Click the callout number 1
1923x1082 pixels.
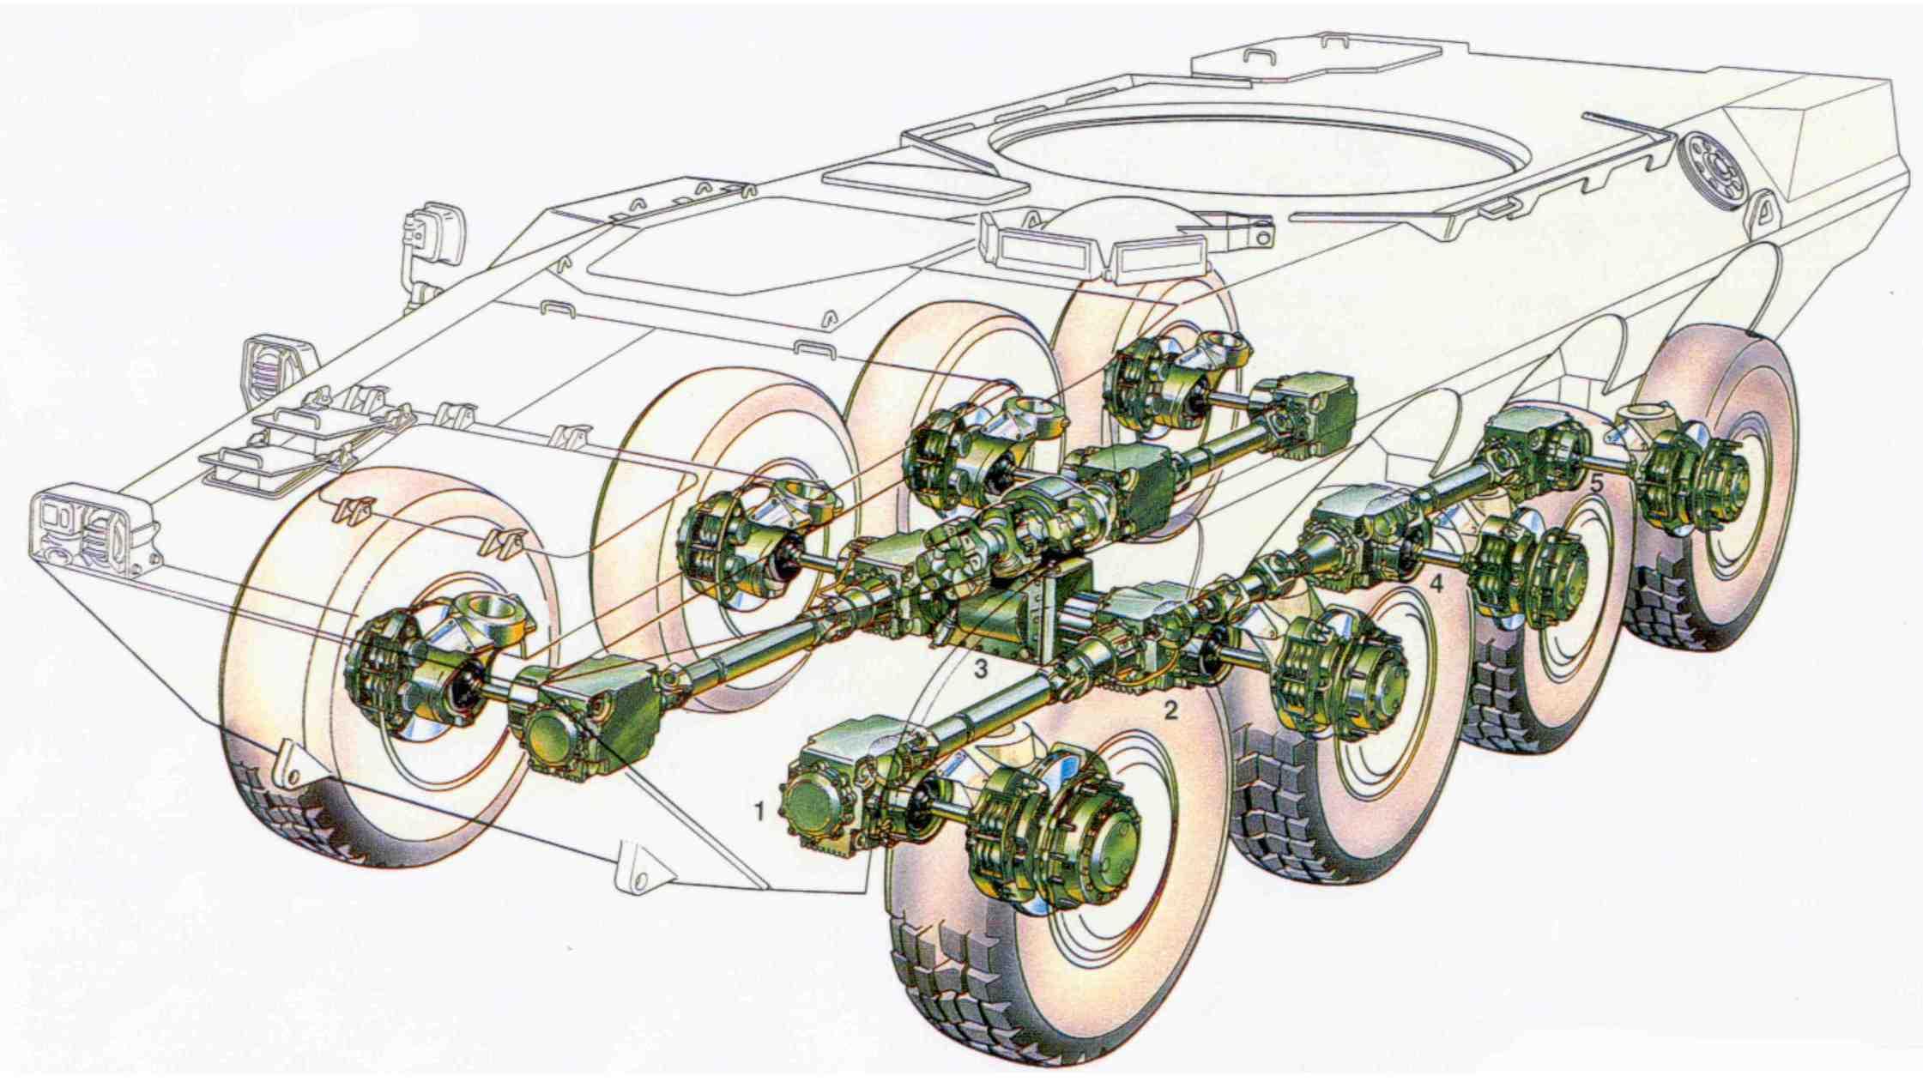(759, 809)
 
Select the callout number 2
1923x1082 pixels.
(1170, 710)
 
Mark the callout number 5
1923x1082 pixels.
(1596, 483)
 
